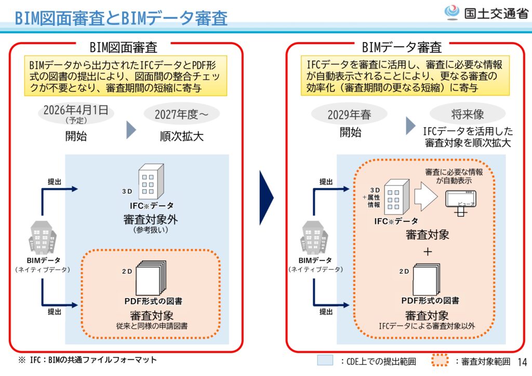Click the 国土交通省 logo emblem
(x=451, y=12)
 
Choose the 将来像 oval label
(x=468, y=114)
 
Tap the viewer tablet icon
(x=461, y=200)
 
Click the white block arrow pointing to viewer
(x=424, y=196)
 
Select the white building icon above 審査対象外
(x=150, y=181)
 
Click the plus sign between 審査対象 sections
(x=428, y=252)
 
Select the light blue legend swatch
(x=325, y=360)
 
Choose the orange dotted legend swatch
(x=440, y=360)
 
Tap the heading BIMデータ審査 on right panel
(x=402, y=48)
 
